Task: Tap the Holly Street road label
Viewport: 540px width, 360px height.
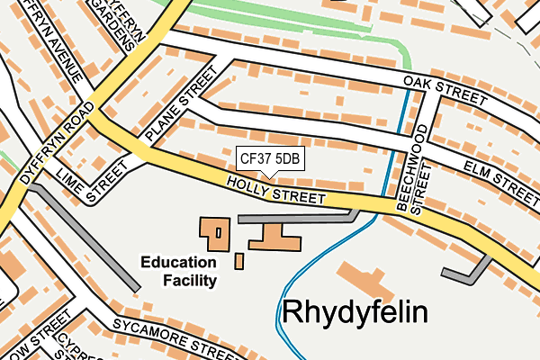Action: pyautogui.click(x=275, y=190)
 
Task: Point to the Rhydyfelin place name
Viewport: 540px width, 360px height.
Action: pyautogui.click(x=355, y=312)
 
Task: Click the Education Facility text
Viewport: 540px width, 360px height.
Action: pyautogui.click(x=179, y=272)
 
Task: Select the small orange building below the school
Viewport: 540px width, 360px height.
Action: pyautogui.click(x=239, y=261)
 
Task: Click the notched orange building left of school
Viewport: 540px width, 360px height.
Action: pyautogui.click(x=215, y=234)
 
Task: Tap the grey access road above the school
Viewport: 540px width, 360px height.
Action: pyautogui.click(x=297, y=217)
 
